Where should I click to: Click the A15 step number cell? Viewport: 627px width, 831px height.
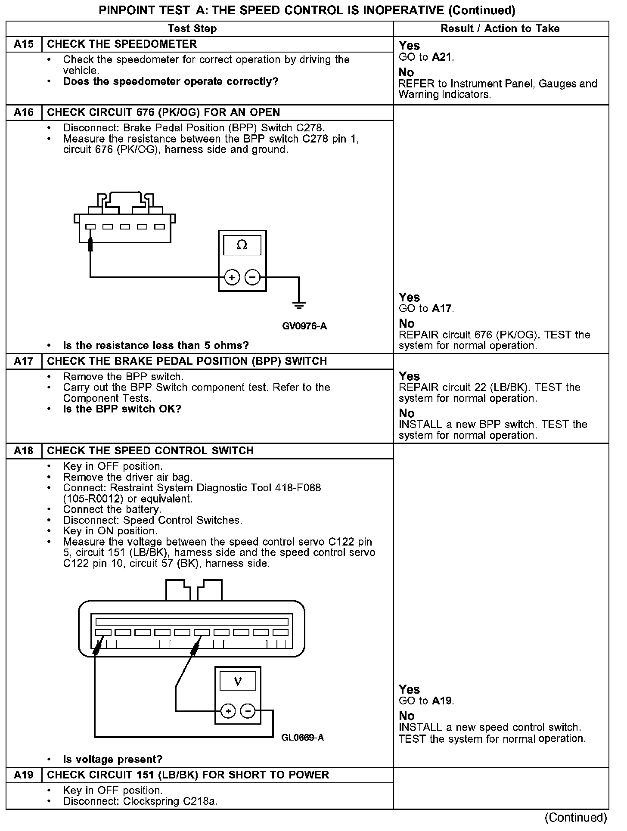coord(24,44)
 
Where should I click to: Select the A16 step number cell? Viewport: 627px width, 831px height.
coord(24,112)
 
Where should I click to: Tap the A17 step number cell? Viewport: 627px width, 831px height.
coord(24,361)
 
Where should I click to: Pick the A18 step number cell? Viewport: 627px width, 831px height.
coord(24,451)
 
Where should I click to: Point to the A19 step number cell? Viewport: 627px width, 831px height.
coord(24,775)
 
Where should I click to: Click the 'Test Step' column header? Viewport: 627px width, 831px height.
coord(192,29)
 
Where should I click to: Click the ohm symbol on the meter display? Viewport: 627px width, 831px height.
coord(242,245)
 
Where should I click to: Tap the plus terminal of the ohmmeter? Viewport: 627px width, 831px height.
coord(232,277)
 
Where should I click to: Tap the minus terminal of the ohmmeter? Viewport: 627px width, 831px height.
coord(252,277)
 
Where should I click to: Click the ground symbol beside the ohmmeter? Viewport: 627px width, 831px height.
coord(299,306)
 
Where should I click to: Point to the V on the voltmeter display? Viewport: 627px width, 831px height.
coord(238,682)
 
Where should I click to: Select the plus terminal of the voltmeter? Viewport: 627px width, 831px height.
coord(228,711)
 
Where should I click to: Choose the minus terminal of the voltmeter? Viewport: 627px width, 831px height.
coord(248,711)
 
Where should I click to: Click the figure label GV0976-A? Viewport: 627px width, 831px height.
coord(304,326)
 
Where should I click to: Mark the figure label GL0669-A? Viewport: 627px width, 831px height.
coord(302,738)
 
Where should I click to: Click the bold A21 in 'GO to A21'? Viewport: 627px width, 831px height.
coord(442,57)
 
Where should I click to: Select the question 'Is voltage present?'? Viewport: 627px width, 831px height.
coord(113,759)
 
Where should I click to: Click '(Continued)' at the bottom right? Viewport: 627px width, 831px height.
coord(576,817)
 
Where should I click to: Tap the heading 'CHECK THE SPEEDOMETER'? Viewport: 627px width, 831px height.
coord(122,44)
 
